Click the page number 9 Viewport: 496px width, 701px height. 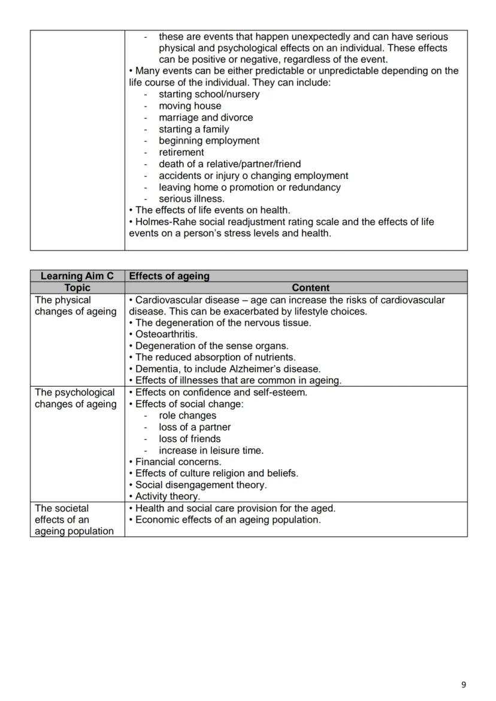pos(464,685)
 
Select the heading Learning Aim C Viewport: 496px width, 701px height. pos(77,276)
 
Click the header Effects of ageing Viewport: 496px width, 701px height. pos(170,276)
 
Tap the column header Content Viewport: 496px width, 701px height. pos(310,288)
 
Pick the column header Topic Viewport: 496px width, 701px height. pos(77,288)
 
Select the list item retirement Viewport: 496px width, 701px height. pos(181,152)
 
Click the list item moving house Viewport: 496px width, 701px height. pos(189,106)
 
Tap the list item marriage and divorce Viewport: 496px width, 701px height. pos(205,117)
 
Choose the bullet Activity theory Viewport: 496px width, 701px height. pos(167,496)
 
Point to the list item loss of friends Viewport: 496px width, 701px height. pos(189,438)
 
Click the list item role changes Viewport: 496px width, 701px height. pos(187,415)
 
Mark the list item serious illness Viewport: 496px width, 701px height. pos(191,199)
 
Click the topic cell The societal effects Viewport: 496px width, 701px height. pos(74,520)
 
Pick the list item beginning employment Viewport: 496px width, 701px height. pos(208,141)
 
